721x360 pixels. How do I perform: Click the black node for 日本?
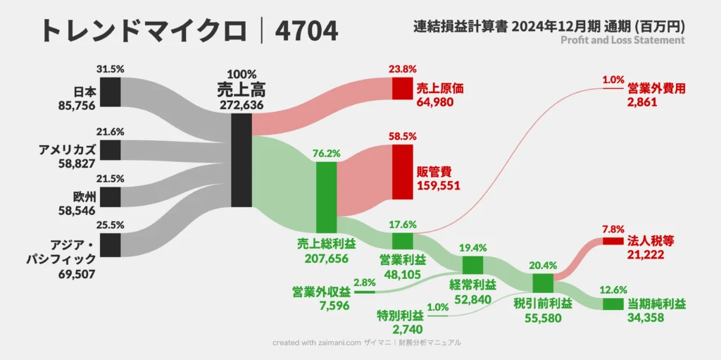click(111, 92)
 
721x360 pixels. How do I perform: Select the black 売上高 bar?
click(242, 160)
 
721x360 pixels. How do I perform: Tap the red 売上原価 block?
click(402, 88)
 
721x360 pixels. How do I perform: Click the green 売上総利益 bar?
click(326, 197)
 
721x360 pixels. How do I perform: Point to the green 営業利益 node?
click(402, 241)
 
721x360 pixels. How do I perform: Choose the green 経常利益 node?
click(472, 265)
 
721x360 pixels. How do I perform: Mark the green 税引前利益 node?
click(543, 283)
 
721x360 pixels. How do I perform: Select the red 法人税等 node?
click(613, 242)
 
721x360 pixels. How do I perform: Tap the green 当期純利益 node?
click(613, 304)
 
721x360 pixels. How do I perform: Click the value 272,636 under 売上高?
click(242, 104)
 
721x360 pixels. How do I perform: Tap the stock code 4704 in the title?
click(307, 31)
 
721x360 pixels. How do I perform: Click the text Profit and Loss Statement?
click(622, 41)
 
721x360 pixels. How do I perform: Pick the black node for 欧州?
click(111, 197)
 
